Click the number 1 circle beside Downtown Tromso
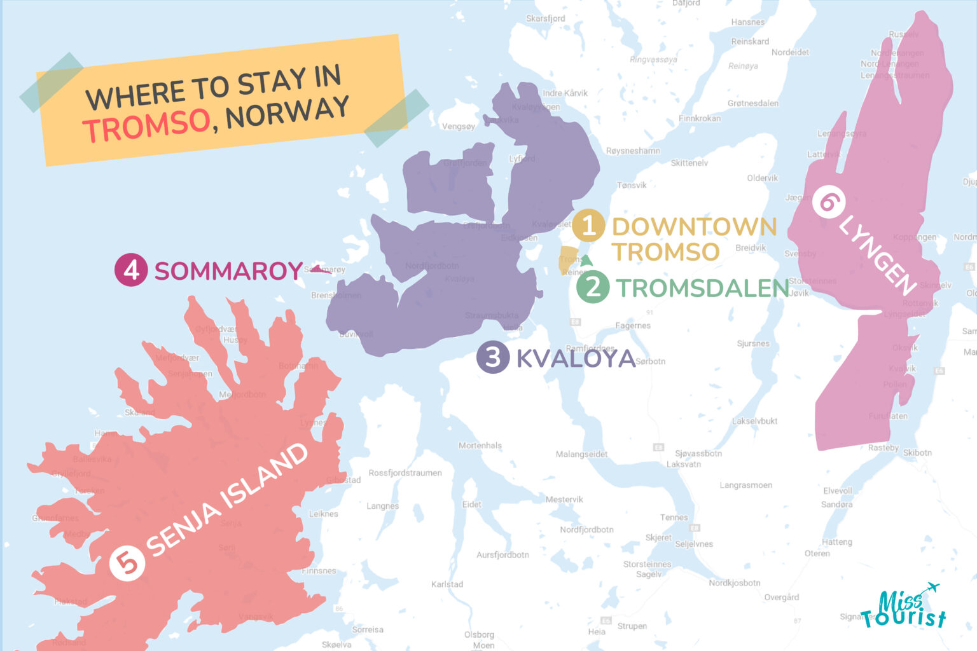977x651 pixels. pos(588,226)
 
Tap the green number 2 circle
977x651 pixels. pos(593,287)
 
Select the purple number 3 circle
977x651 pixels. pos(493,357)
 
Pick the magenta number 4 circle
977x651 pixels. pos(131,270)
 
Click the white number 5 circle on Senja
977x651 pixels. pos(127,563)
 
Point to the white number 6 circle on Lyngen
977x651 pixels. pos(829,202)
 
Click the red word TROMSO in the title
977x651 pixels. pos(147,125)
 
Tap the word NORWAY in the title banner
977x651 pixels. pos(288,113)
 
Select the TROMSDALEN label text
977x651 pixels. pos(702,288)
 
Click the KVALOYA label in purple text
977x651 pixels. pos(576,359)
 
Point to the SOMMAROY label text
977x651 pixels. pos(228,271)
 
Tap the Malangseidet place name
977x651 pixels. pos(581,454)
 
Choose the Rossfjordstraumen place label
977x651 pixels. pos(405,473)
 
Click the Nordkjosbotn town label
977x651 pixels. pos(735,583)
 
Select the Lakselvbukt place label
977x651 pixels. pos(754,421)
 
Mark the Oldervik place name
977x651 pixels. pos(762,178)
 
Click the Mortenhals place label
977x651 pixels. pos(480,446)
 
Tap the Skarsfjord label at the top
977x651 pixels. pos(545,18)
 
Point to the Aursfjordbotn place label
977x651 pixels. pos(502,555)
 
